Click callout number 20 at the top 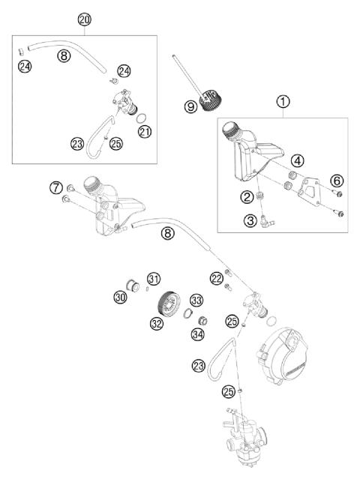(x=84, y=17)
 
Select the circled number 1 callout (x=283, y=101)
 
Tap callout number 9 (x=191, y=107)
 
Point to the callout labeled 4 (x=297, y=160)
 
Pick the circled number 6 (x=336, y=180)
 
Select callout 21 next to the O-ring (x=144, y=132)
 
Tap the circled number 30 (x=120, y=298)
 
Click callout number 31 (x=153, y=279)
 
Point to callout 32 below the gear (x=156, y=324)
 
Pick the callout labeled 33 (x=196, y=300)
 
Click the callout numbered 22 (x=217, y=278)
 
